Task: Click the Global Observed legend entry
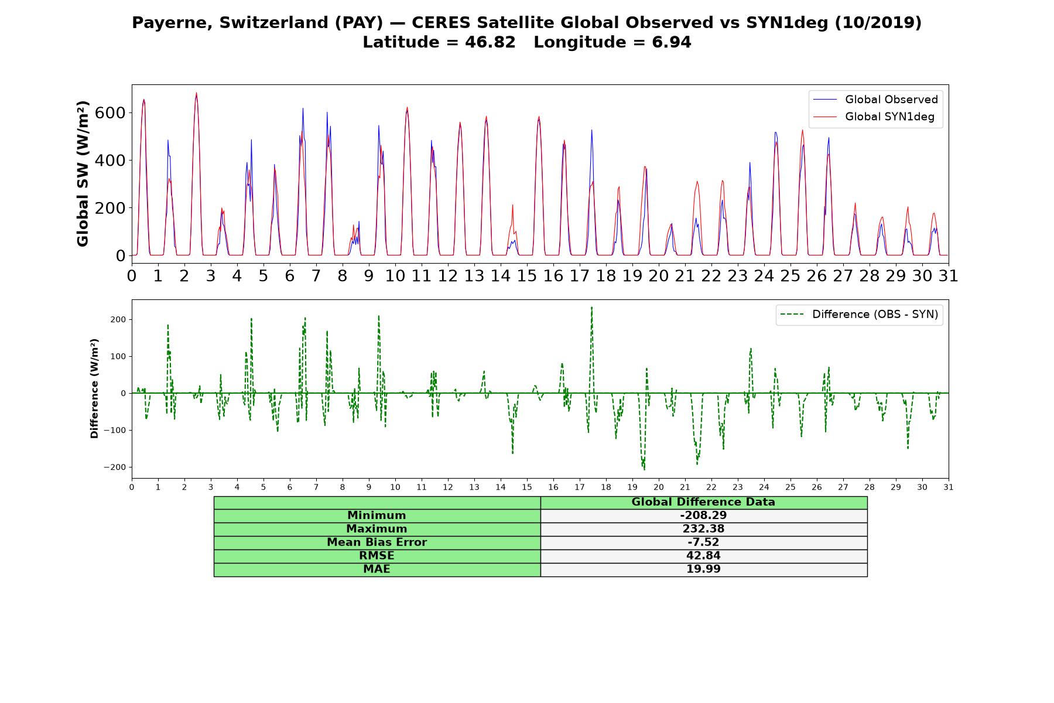[876, 100]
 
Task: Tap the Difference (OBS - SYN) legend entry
[860, 315]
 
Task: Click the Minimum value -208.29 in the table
[703, 516]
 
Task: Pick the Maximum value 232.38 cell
[703, 529]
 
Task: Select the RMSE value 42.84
[703, 556]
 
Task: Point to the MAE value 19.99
[703, 569]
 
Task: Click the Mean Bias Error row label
[377, 542]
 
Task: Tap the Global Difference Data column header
[703, 502]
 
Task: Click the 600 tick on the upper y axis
[110, 112]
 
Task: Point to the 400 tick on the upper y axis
[110, 160]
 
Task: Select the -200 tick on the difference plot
[115, 467]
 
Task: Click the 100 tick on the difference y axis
[119, 356]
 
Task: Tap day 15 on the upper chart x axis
[526, 276]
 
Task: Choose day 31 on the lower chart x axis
[949, 487]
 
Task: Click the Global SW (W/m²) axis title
[83, 174]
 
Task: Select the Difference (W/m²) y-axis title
[94, 388]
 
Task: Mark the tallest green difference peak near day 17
[591, 307]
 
